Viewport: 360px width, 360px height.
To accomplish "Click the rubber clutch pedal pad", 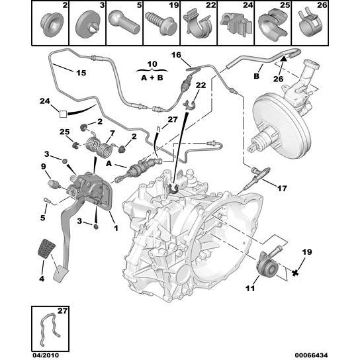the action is point(46,249).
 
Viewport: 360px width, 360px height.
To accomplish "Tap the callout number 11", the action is point(250,288).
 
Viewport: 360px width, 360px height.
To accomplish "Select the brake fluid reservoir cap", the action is point(311,64).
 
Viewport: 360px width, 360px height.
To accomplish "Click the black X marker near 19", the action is point(295,273).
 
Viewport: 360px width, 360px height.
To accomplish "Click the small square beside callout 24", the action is point(63,114).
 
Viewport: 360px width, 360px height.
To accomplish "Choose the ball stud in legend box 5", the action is point(124,23).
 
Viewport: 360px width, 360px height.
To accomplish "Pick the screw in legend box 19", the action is point(161,23).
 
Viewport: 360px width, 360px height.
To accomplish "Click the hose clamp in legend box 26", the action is point(310,24).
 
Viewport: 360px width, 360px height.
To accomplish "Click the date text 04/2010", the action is point(46,355).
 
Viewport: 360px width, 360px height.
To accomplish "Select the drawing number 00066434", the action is point(311,355).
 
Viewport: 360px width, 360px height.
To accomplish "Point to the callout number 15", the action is point(81,73).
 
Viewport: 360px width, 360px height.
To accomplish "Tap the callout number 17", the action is point(282,189).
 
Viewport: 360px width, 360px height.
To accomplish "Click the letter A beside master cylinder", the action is point(109,163).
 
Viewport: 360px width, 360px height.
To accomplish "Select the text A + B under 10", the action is point(152,77).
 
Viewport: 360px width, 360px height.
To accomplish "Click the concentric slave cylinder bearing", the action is point(267,266).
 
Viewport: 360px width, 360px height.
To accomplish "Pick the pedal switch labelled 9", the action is point(54,184).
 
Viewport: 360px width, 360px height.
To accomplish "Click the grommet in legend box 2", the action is point(52,24).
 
